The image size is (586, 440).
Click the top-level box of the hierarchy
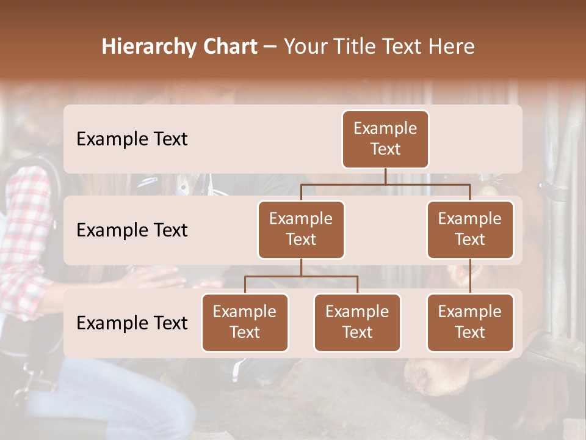(x=385, y=139)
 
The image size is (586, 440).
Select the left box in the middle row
(x=301, y=230)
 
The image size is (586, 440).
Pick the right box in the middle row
(x=470, y=230)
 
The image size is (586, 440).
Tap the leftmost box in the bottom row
(x=245, y=323)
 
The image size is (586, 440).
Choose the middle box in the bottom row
(x=357, y=323)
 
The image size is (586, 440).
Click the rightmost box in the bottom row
(x=470, y=323)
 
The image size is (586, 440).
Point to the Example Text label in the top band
(x=132, y=139)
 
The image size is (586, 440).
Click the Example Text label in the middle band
(x=132, y=230)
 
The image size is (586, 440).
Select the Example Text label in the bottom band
(x=132, y=323)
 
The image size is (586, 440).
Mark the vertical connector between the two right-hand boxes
(x=470, y=276)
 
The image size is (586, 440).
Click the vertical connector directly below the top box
(x=385, y=176)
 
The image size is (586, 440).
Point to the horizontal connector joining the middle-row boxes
(x=385, y=184)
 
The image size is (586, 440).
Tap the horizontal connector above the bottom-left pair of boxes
(x=301, y=276)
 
